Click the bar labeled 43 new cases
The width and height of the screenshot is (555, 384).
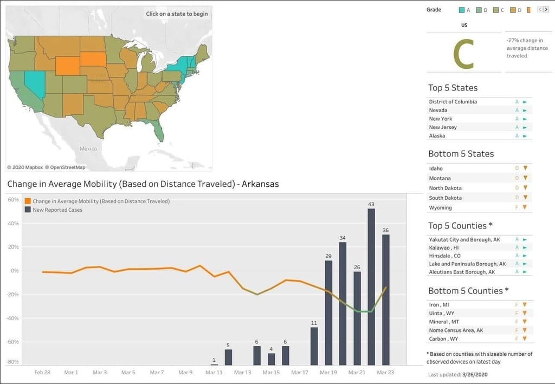(x=371, y=287)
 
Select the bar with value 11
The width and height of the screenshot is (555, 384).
(x=314, y=346)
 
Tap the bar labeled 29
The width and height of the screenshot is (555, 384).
(x=328, y=313)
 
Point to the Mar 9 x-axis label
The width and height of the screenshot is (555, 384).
(x=185, y=372)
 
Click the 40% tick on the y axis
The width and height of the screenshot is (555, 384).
(x=13, y=224)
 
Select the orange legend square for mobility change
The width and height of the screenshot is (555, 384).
(x=28, y=201)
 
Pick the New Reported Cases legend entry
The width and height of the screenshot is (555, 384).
(x=54, y=210)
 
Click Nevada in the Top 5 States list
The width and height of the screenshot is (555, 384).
(x=438, y=110)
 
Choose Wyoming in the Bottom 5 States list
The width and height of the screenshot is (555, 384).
(x=440, y=207)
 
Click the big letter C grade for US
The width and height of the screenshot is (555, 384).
(x=463, y=54)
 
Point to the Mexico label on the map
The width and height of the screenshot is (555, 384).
(x=88, y=149)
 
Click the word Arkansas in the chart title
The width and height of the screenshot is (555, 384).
(x=260, y=184)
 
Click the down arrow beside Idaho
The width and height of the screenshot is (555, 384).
(x=525, y=168)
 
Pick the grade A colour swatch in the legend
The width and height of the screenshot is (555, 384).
(x=462, y=10)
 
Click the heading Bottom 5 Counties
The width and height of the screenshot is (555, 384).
(x=468, y=291)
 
